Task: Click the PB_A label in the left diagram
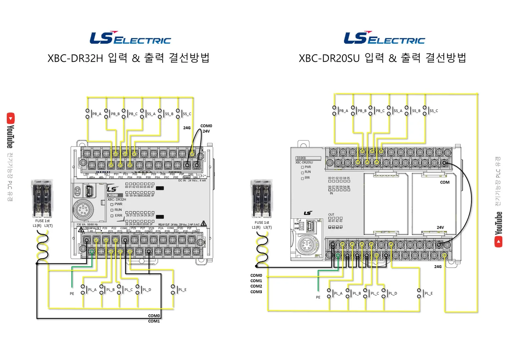pyautogui.click(x=97, y=114)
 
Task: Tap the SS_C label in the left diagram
pyautogui.click(x=187, y=114)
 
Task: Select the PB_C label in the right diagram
pyautogui.click(x=380, y=111)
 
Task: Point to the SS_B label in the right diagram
pyautogui.click(x=416, y=111)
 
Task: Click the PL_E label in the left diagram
pyautogui.click(x=182, y=290)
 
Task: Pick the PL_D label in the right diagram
pyautogui.click(x=393, y=293)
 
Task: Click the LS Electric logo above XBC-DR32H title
pyautogui.click(x=130, y=38)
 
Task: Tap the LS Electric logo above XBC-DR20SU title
pyautogui.click(x=384, y=38)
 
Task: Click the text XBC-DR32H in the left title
pyautogui.click(x=75, y=58)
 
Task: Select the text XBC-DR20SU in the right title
pyautogui.click(x=329, y=58)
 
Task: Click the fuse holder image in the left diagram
pyautogui.click(x=42, y=198)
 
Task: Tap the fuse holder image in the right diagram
pyautogui.click(x=261, y=198)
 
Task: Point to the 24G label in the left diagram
pyautogui.click(x=187, y=128)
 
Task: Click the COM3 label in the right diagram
pyautogui.click(x=256, y=292)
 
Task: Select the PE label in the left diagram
pyautogui.click(x=72, y=294)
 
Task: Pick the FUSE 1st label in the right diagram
pyautogui.click(x=262, y=223)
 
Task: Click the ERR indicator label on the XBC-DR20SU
pyautogui.click(x=307, y=178)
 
